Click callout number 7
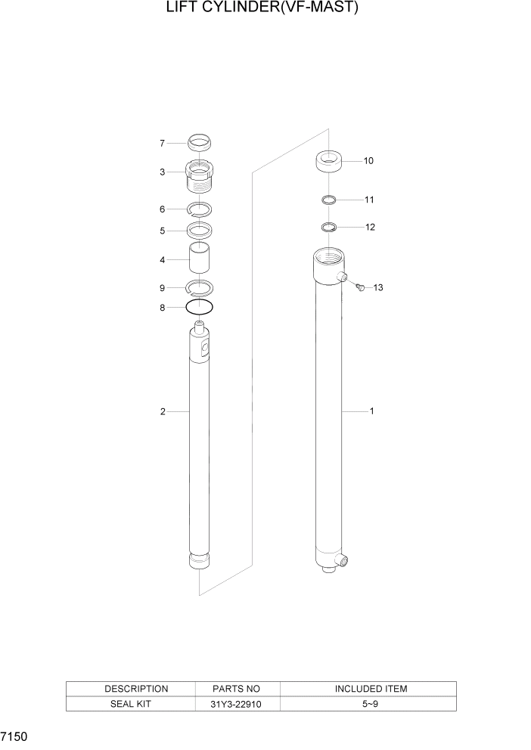(x=162, y=143)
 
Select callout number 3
(x=162, y=172)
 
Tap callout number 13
(x=378, y=288)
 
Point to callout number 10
(x=368, y=161)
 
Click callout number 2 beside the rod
(x=162, y=411)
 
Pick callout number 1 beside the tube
(x=371, y=411)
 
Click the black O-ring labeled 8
(x=200, y=307)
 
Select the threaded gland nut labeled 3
(x=200, y=178)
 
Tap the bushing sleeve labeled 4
(x=200, y=259)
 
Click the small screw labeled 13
(x=360, y=287)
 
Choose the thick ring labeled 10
(x=329, y=161)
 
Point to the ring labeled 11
(x=329, y=200)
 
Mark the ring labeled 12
(x=329, y=227)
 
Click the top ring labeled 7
(x=200, y=141)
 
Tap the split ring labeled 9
(x=200, y=286)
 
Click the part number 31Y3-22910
(x=238, y=704)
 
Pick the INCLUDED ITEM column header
(x=371, y=689)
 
